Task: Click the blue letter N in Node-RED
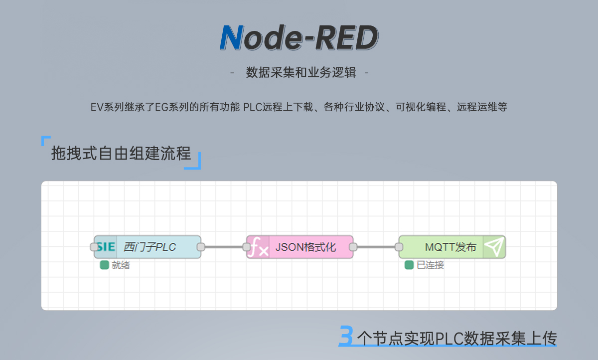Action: tap(231, 37)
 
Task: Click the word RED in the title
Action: tap(347, 37)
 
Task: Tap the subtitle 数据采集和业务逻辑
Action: tap(301, 72)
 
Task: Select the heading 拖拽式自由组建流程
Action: tap(121, 153)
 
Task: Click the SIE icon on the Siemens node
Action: tap(106, 247)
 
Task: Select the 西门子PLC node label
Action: tap(149, 247)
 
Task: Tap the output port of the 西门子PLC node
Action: tap(201, 247)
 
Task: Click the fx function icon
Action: tap(258, 247)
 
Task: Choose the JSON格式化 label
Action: tap(305, 247)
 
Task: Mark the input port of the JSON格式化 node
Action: tap(246, 247)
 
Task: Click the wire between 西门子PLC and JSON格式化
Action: tap(224, 247)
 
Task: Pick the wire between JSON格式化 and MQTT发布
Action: tap(376, 247)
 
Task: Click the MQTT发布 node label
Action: tap(450, 247)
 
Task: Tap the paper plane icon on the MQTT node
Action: tap(494, 247)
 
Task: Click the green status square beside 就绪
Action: tap(104, 265)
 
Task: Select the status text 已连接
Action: tap(431, 265)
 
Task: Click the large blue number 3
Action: tap(346, 336)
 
